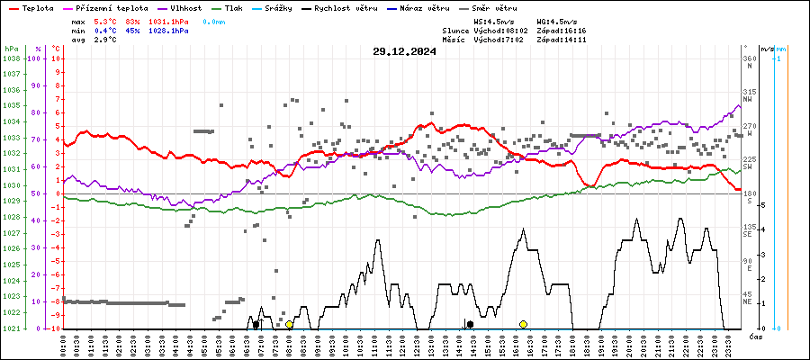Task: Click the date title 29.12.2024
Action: pos(404,51)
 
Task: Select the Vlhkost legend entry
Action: pos(184,7)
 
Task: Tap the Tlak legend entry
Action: pos(237,7)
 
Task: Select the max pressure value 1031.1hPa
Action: pos(170,21)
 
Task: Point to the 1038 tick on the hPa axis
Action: pos(12,58)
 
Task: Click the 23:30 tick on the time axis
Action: pos(725,344)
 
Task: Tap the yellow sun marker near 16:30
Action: pos(523,324)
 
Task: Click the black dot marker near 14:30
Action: pos(470,324)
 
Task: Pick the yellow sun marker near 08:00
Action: pos(289,324)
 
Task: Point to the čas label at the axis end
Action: pos(756,336)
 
